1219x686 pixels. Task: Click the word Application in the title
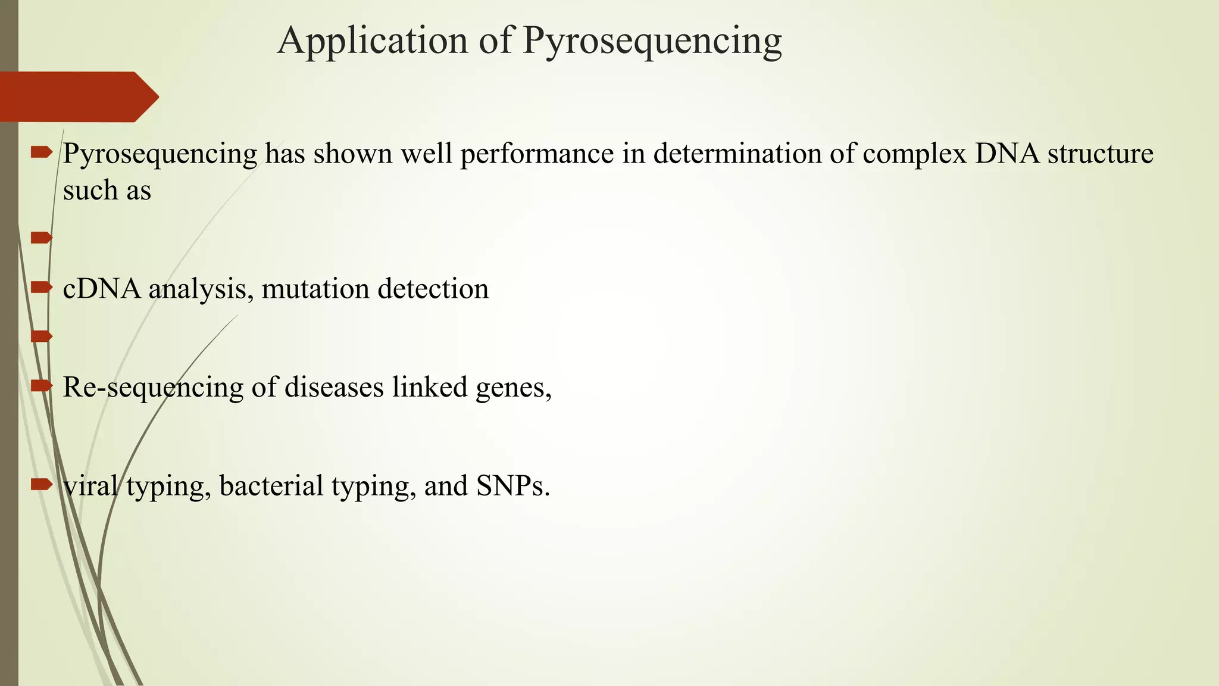coord(373,41)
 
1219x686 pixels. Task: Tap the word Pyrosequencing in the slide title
coord(652,41)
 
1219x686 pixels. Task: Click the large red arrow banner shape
coord(77,96)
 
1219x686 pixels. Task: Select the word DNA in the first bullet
coord(1007,154)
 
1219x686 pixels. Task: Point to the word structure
coord(1101,154)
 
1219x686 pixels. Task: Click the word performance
coord(537,154)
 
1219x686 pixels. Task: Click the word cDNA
coord(102,289)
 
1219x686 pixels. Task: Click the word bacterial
coord(271,486)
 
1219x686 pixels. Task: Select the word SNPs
coord(512,486)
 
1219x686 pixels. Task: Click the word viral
coord(90,486)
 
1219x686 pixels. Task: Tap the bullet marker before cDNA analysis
coord(41,288)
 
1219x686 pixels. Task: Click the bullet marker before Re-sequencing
coord(41,386)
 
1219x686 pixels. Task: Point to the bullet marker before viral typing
coord(41,484)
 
